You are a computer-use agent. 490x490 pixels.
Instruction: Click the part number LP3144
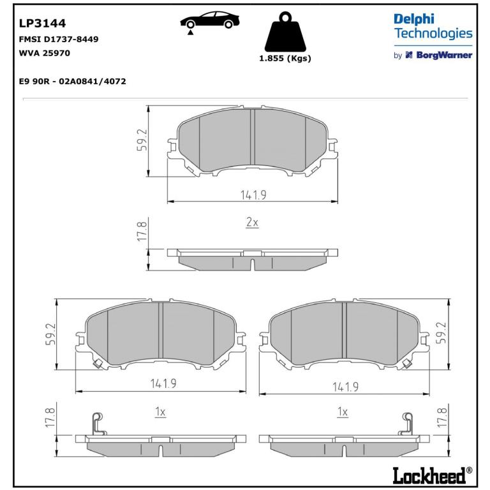coord(43,23)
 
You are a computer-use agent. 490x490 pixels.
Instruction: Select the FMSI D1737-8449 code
coord(59,39)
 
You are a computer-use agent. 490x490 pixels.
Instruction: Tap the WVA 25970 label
coord(45,53)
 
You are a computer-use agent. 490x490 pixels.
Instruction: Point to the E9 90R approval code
coord(73,81)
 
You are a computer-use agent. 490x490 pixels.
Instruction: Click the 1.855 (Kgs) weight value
coord(285,59)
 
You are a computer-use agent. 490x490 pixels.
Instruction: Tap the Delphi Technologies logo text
coord(433,26)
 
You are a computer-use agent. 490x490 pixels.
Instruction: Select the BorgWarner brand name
coord(444,56)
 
